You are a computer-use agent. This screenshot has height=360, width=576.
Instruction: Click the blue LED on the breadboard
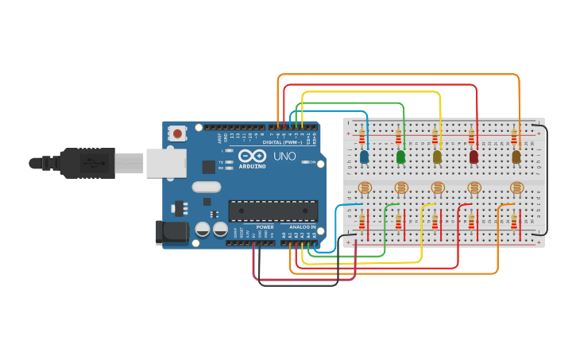[x=364, y=157]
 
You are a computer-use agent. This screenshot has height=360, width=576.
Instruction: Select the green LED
[x=400, y=157]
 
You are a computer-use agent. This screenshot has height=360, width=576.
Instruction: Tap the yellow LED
[x=437, y=157]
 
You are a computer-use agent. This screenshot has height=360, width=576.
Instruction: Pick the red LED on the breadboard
[x=474, y=157]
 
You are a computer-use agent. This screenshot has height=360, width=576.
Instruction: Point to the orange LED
[x=516, y=157]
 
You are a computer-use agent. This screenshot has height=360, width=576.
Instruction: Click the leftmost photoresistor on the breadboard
[x=365, y=188]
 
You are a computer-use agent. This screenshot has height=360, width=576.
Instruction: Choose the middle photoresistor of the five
[x=438, y=188]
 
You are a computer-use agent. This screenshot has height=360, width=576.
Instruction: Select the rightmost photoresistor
[x=516, y=188]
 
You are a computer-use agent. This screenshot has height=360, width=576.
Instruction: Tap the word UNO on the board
[x=284, y=157]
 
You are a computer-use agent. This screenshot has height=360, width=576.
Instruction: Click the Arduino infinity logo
[x=252, y=156]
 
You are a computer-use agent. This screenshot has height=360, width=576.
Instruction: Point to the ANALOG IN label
[x=301, y=227]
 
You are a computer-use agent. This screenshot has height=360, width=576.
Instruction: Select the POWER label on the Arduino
[x=265, y=227]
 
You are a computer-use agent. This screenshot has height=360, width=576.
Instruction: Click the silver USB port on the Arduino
[x=166, y=163]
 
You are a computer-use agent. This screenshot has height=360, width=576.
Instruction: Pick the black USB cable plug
[x=87, y=163]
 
